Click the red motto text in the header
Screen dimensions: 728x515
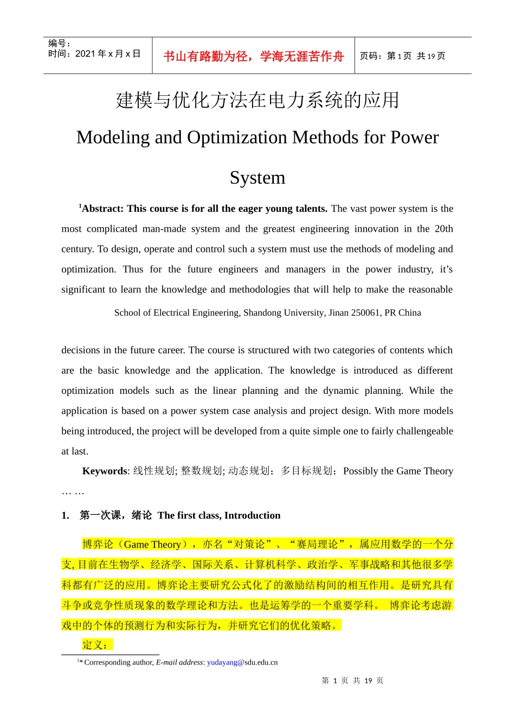[253, 56]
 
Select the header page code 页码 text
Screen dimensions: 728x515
[370, 56]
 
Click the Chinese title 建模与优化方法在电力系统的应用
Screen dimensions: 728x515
[257, 100]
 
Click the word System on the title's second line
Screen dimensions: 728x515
[257, 178]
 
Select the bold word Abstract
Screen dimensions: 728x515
[102, 209]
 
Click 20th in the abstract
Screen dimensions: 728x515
[443, 229]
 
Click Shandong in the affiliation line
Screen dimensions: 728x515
[262, 313]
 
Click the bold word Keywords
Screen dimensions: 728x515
[105, 471]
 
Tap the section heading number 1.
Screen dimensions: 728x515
[65, 516]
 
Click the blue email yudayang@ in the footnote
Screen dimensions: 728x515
[226, 662]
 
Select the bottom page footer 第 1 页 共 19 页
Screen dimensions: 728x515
[352, 681]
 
